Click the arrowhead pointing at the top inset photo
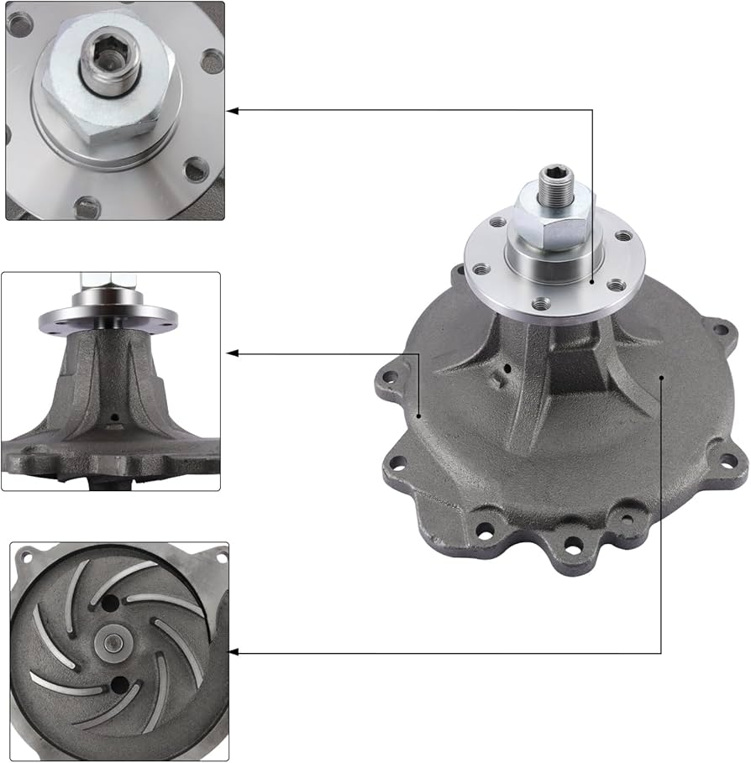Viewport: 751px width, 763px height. click(233, 110)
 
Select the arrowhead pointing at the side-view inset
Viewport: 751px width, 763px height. click(233, 354)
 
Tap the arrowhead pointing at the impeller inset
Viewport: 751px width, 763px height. click(234, 651)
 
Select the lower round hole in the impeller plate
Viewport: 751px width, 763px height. click(118, 686)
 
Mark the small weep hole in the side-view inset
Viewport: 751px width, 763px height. click(113, 416)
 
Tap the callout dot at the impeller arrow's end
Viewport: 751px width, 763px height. click(662, 379)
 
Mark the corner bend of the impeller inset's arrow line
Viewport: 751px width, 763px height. click(662, 651)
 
